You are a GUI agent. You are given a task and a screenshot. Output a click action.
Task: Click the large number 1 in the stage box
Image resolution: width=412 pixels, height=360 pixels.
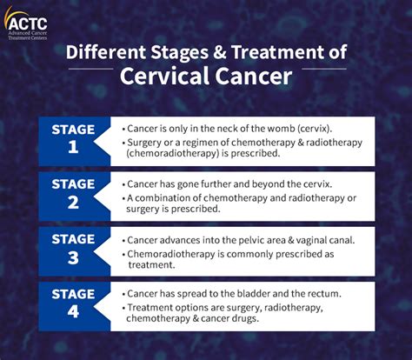[73, 148]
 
